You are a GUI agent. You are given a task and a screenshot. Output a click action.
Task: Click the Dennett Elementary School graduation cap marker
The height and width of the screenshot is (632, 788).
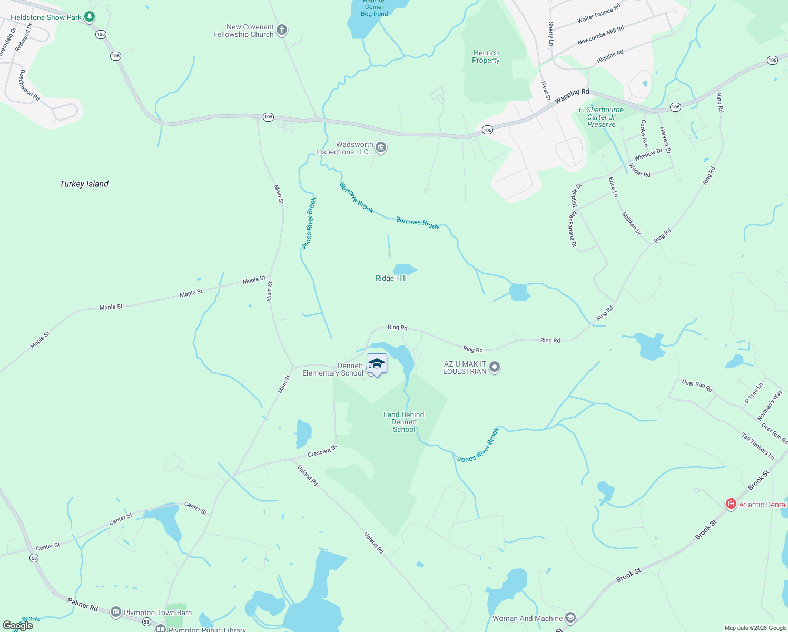377,364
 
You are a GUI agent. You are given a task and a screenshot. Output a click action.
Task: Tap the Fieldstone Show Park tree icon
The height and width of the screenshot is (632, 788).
90,17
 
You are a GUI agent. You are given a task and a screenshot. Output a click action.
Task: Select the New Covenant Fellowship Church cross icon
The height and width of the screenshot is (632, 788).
282,30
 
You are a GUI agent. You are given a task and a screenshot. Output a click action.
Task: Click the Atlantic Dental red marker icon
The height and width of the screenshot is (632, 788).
731,504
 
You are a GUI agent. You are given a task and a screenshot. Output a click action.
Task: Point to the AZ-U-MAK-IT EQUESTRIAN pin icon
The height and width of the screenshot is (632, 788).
494,367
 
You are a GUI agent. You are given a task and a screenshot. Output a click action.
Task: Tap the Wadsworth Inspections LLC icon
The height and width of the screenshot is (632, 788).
381,148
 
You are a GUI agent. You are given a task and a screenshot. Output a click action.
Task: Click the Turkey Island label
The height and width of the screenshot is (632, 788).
84,184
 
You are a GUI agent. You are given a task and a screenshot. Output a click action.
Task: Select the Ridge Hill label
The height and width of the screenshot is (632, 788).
391,278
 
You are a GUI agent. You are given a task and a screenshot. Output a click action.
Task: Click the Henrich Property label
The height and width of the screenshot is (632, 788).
486,56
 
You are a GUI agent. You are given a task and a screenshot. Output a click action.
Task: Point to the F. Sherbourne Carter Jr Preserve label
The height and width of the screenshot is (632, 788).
601,117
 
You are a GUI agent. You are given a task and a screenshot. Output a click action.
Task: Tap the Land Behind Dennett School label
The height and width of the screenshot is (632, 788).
404,422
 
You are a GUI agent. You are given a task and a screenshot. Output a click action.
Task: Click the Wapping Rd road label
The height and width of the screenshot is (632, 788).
572,95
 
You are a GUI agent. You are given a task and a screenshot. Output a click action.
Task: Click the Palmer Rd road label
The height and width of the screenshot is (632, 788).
83,604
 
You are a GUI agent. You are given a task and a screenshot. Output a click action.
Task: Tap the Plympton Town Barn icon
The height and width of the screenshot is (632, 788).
116,613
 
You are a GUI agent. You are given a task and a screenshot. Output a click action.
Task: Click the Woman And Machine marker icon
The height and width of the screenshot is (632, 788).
570,617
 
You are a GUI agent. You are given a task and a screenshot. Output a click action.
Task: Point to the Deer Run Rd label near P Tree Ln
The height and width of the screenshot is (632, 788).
697,386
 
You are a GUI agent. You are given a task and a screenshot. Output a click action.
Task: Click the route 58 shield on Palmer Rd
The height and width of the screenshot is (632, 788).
146,622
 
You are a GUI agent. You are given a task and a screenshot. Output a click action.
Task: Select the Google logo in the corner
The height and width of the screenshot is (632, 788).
18,626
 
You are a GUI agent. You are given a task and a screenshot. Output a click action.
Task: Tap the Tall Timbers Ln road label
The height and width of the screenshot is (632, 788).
757,446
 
